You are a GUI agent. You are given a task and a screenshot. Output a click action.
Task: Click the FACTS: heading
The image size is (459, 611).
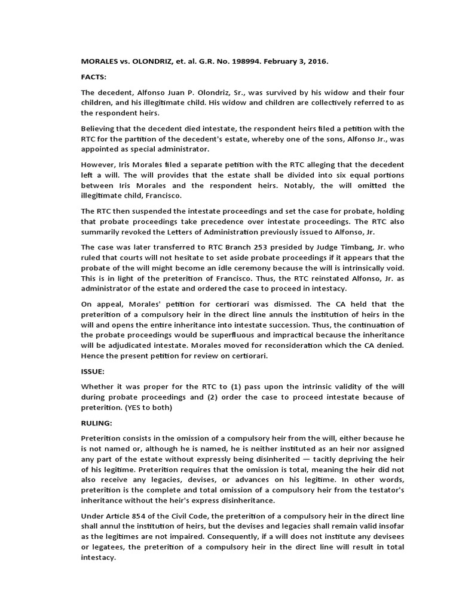tap(93, 77)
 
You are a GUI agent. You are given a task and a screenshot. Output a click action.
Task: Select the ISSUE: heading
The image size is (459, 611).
tap(93, 371)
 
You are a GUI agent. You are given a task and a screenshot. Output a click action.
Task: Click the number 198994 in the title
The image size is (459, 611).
tap(237, 61)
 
